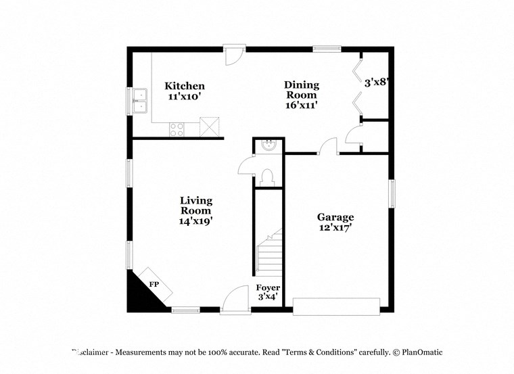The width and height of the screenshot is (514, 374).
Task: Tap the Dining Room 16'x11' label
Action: (x=301, y=95)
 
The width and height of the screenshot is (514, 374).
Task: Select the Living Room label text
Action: (x=196, y=210)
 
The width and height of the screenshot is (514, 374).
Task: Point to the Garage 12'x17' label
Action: (x=335, y=223)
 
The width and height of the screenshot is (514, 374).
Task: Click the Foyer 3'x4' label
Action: (x=268, y=292)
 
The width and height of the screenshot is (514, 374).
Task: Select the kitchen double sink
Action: (x=140, y=100)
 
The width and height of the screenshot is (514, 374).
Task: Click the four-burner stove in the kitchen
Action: (x=177, y=128)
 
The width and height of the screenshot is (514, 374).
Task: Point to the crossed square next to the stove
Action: (x=210, y=127)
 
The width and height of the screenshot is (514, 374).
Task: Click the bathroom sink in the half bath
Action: (x=268, y=145)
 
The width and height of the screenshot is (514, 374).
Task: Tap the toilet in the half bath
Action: (x=267, y=177)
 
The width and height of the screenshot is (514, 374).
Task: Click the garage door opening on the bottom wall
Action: (x=335, y=306)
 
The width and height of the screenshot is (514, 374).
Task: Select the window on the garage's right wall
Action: (x=390, y=193)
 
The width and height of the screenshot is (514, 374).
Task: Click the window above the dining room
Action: (x=327, y=48)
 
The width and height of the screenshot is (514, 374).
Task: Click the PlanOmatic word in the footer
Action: (x=422, y=352)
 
